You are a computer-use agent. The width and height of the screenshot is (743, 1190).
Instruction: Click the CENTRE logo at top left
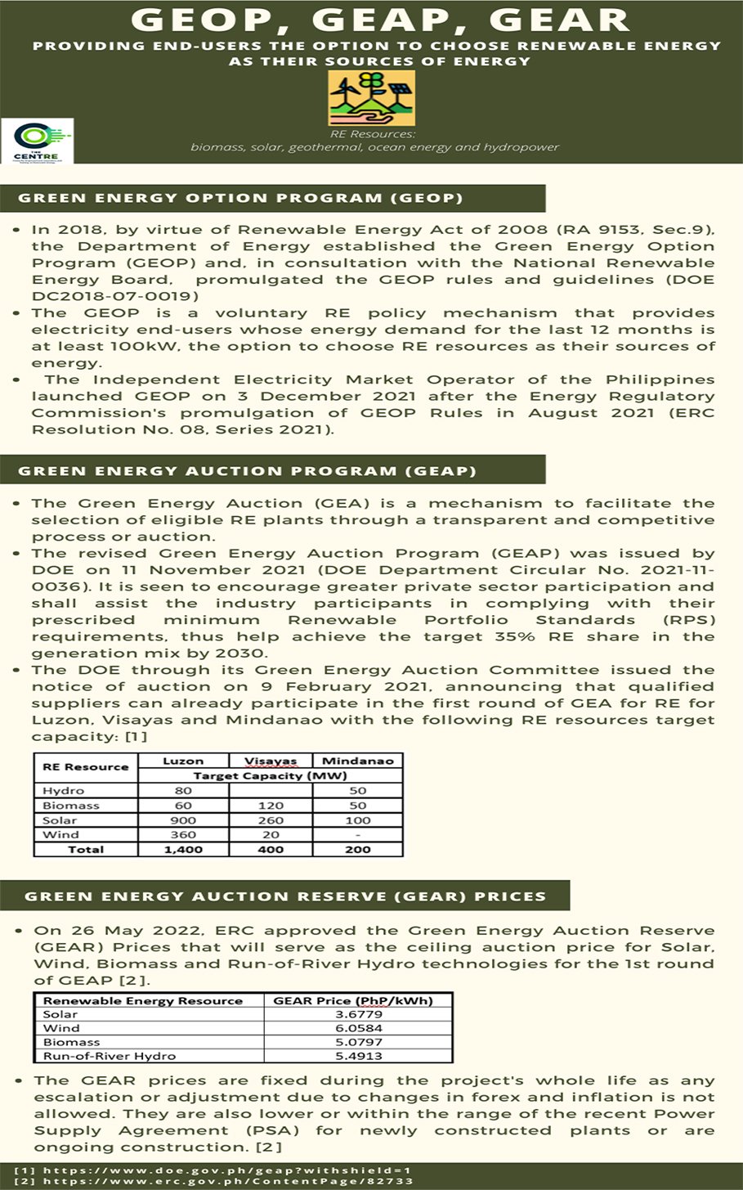[x=38, y=141]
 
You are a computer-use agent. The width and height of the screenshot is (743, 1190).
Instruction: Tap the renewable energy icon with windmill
[x=371, y=97]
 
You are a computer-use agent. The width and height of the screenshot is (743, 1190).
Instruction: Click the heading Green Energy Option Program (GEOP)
[x=240, y=198]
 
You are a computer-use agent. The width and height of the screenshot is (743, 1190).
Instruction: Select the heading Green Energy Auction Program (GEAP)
[x=247, y=471]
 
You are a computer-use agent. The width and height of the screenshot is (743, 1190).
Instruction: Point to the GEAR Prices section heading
[x=284, y=896]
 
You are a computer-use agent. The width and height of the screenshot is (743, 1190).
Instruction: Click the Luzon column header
[x=183, y=761]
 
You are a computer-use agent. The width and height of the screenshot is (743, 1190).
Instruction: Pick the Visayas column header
[x=271, y=761]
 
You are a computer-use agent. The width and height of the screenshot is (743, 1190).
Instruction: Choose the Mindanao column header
[x=357, y=761]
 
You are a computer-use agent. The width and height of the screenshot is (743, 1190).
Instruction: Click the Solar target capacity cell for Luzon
[x=183, y=820]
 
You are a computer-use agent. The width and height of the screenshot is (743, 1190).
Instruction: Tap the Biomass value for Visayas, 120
[x=271, y=806]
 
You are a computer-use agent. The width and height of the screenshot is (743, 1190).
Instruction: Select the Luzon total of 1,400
[x=183, y=850]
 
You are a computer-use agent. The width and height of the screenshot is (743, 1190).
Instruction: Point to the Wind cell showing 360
[x=183, y=835]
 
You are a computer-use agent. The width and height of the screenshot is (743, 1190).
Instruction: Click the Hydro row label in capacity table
[x=64, y=791]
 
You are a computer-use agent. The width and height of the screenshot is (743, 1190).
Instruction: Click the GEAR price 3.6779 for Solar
[x=358, y=1014]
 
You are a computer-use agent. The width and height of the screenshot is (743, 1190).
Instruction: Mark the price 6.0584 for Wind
[x=358, y=1028]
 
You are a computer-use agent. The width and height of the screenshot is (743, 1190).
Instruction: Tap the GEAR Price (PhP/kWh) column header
[x=352, y=1000]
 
